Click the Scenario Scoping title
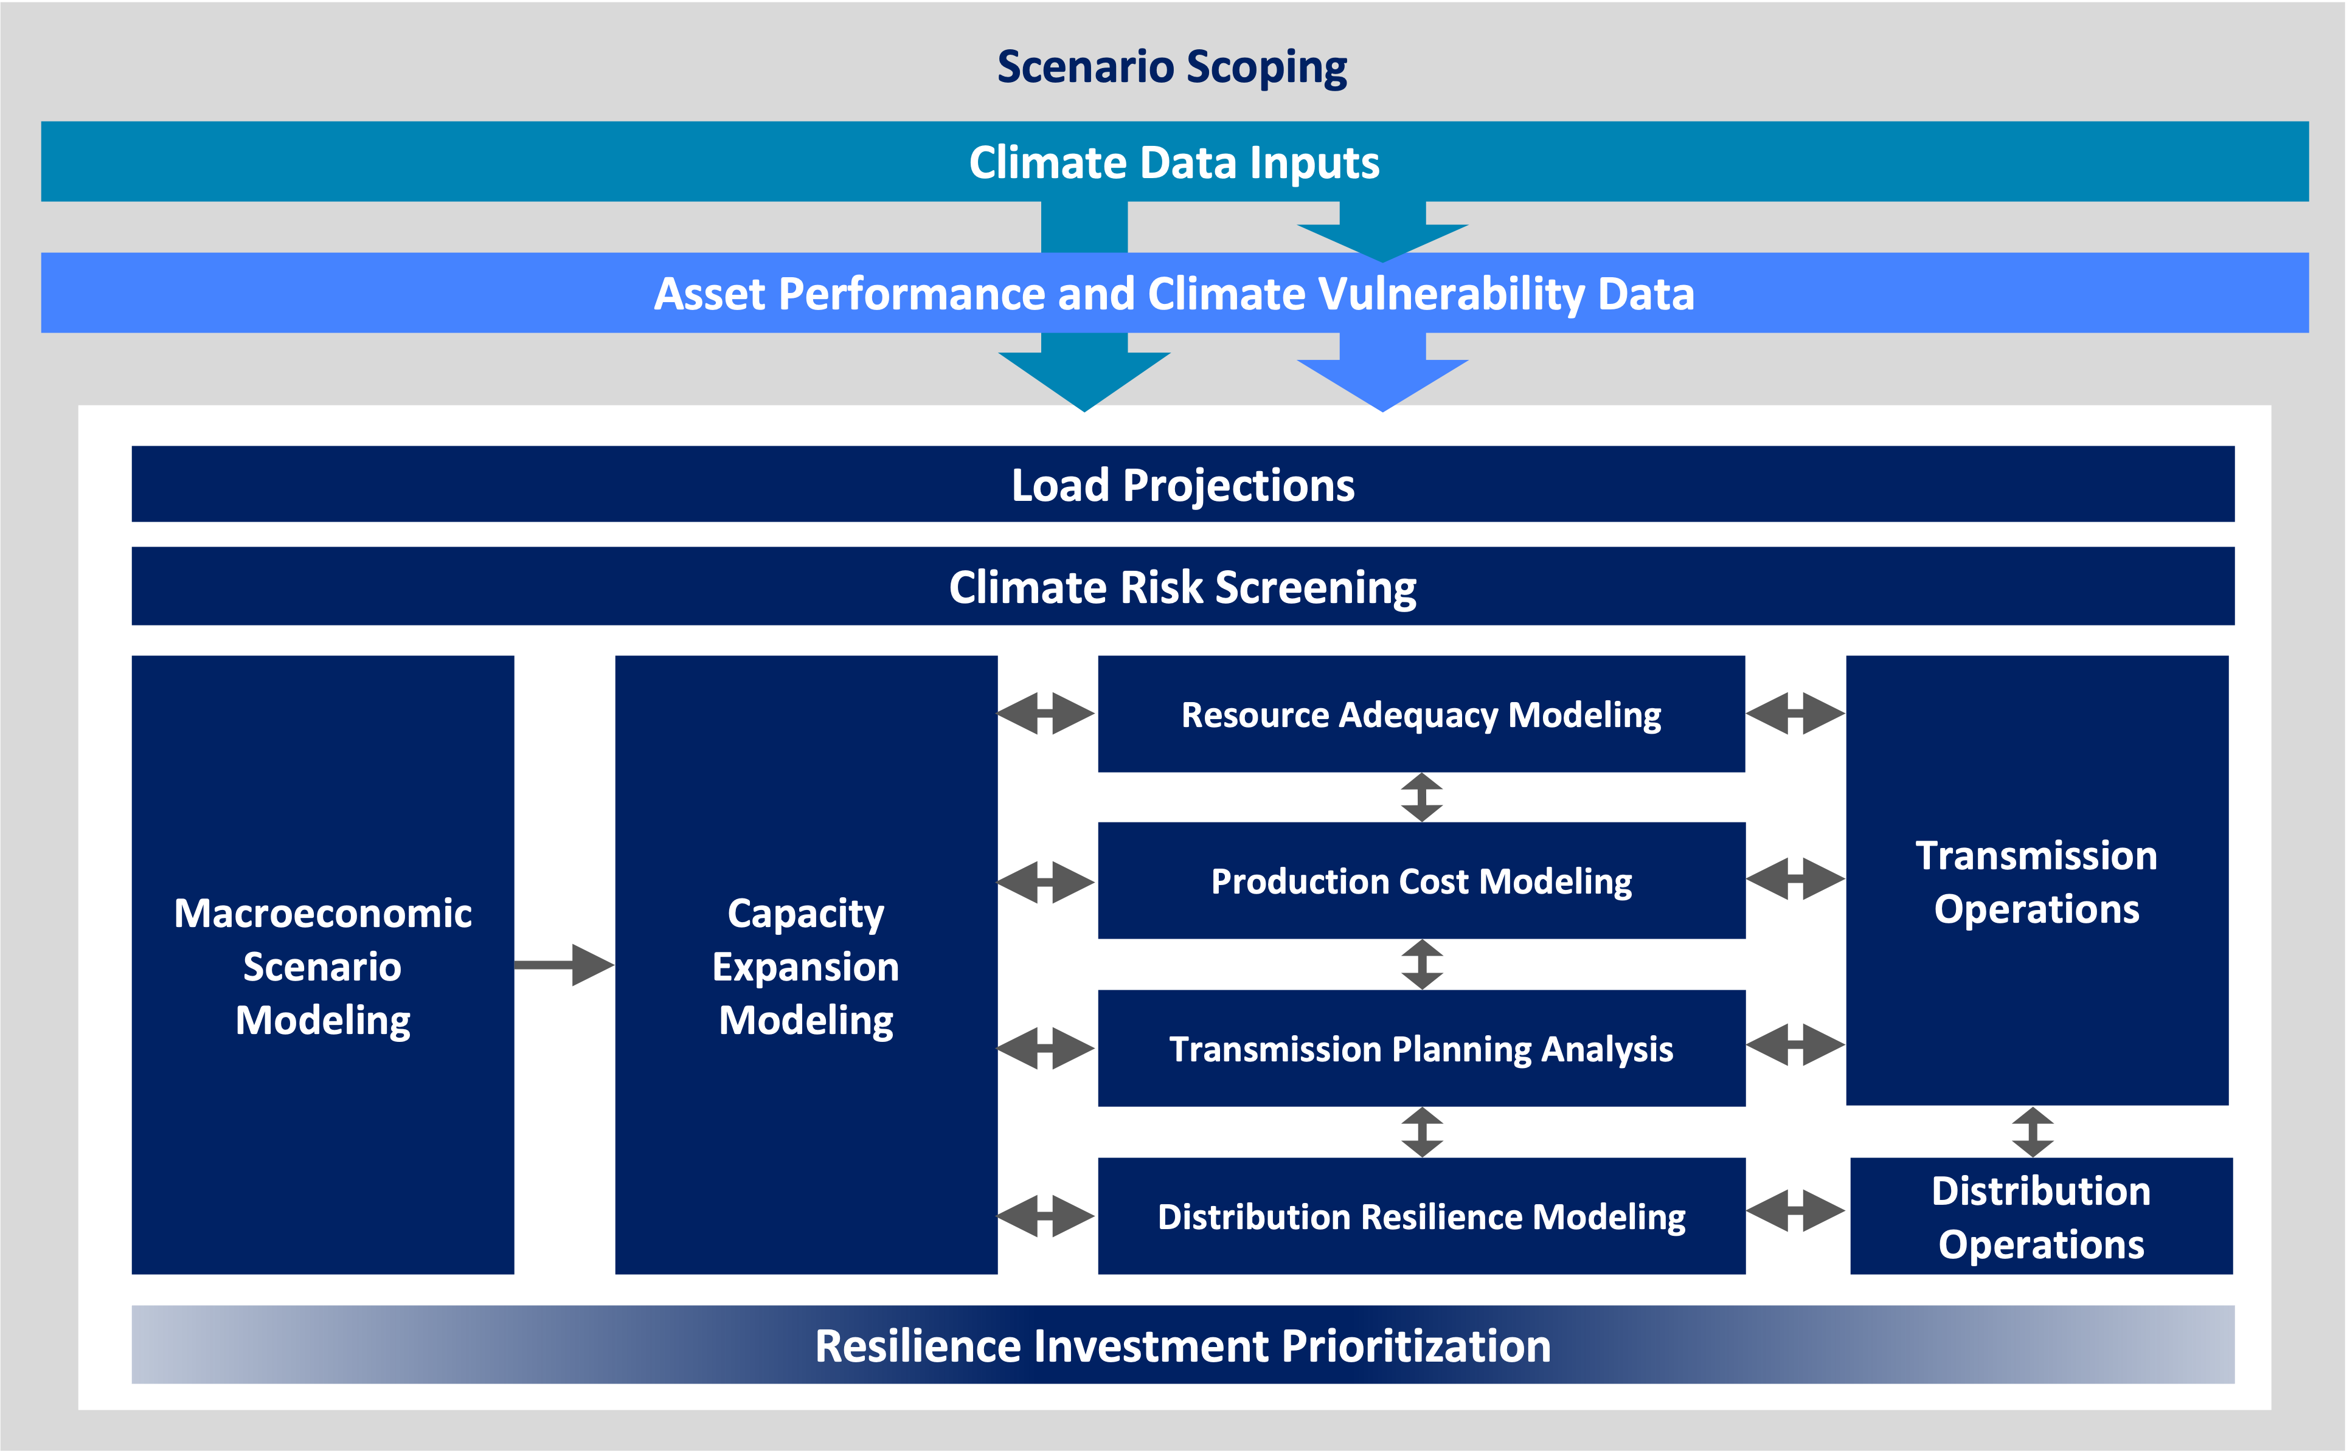click(x=1172, y=67)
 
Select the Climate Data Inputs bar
click(x=1173, y=161)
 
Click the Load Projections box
click(x=1182, y=484)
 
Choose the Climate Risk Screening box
click(x=1182, y=587)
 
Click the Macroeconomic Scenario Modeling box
click(x=322, y=965)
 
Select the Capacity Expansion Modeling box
click(x=805, y=965)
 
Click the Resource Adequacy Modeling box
click(x=1421, y=714)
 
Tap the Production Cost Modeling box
click(x=1421, y=881)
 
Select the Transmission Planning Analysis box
click(x=1421, y=1048)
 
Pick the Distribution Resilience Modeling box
click(x=1421, y=1216)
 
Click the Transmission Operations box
click(x=2036, y=881)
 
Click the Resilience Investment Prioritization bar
click(x=1182, y=1345)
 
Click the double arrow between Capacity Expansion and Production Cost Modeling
click(x=1046, y=881)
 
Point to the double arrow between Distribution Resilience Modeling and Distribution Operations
click(x=1795, y=1211)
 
